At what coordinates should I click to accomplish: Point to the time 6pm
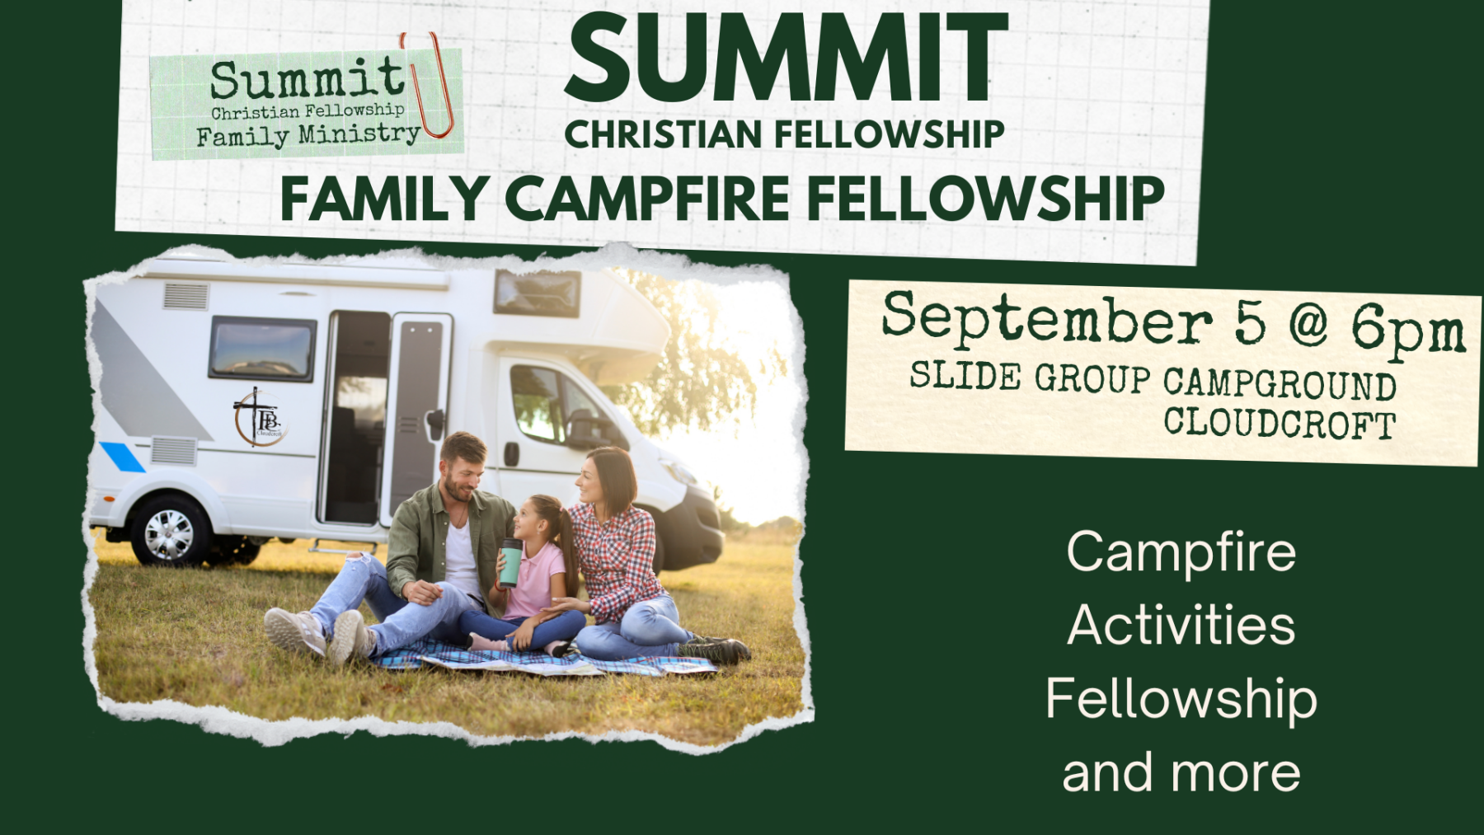click(x=1407, y=330)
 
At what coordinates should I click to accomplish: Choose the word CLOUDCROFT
click(x=1280, y=423)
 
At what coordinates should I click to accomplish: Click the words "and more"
click(x=1181, y=772)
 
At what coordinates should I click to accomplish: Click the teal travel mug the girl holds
click(x=510, y=563)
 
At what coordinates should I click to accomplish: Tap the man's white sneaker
click(x=294, y=631)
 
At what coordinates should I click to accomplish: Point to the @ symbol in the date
click(x=1308, y=324)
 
